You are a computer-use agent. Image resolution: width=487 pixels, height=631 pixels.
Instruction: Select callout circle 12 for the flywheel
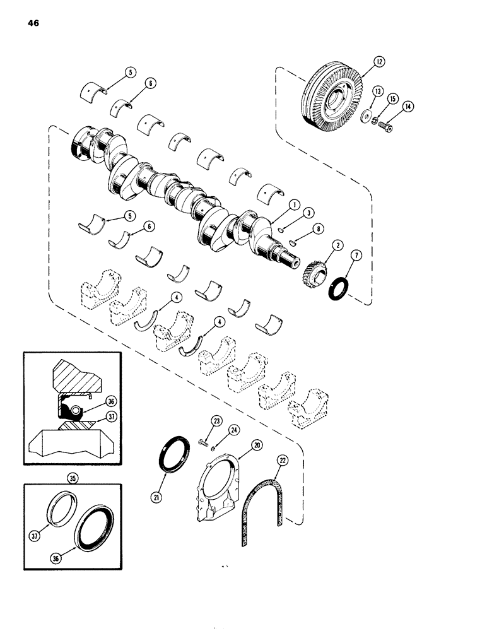click(x=378, y=61)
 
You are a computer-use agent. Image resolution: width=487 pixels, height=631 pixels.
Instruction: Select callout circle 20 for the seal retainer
click(x=257, y=445)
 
